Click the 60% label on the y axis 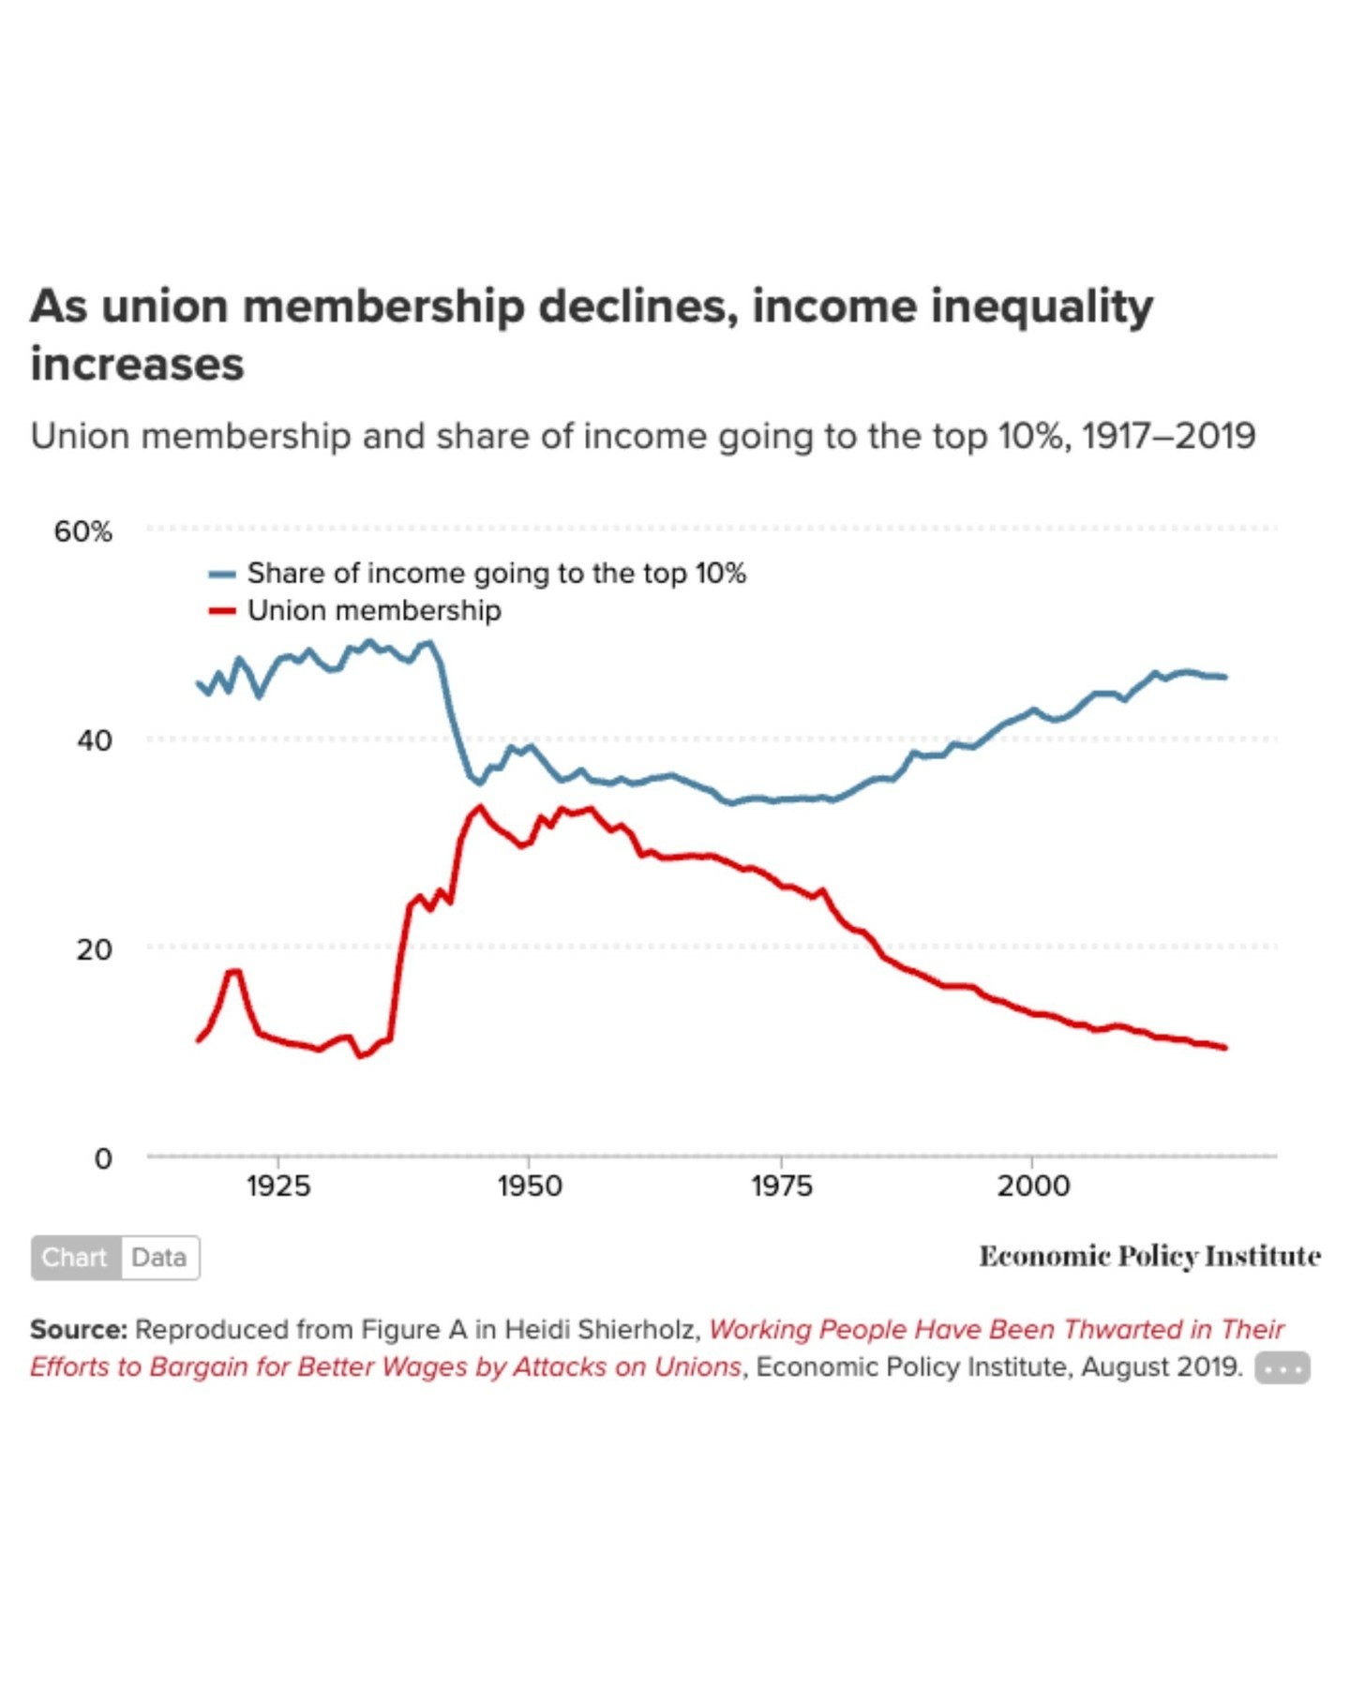82,531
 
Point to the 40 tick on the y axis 94,740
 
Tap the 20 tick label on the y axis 94,949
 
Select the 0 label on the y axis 103,1158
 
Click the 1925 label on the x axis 278,1186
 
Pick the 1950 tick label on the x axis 530,1186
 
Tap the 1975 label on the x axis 781,1186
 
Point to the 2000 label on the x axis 1032,1186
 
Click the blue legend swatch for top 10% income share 221,574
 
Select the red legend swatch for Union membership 221,611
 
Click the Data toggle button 159,1257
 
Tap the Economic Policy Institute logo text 1149,1256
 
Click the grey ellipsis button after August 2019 1282,1368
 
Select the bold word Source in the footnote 77,1329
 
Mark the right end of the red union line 1224,1047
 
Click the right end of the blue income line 1224,677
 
